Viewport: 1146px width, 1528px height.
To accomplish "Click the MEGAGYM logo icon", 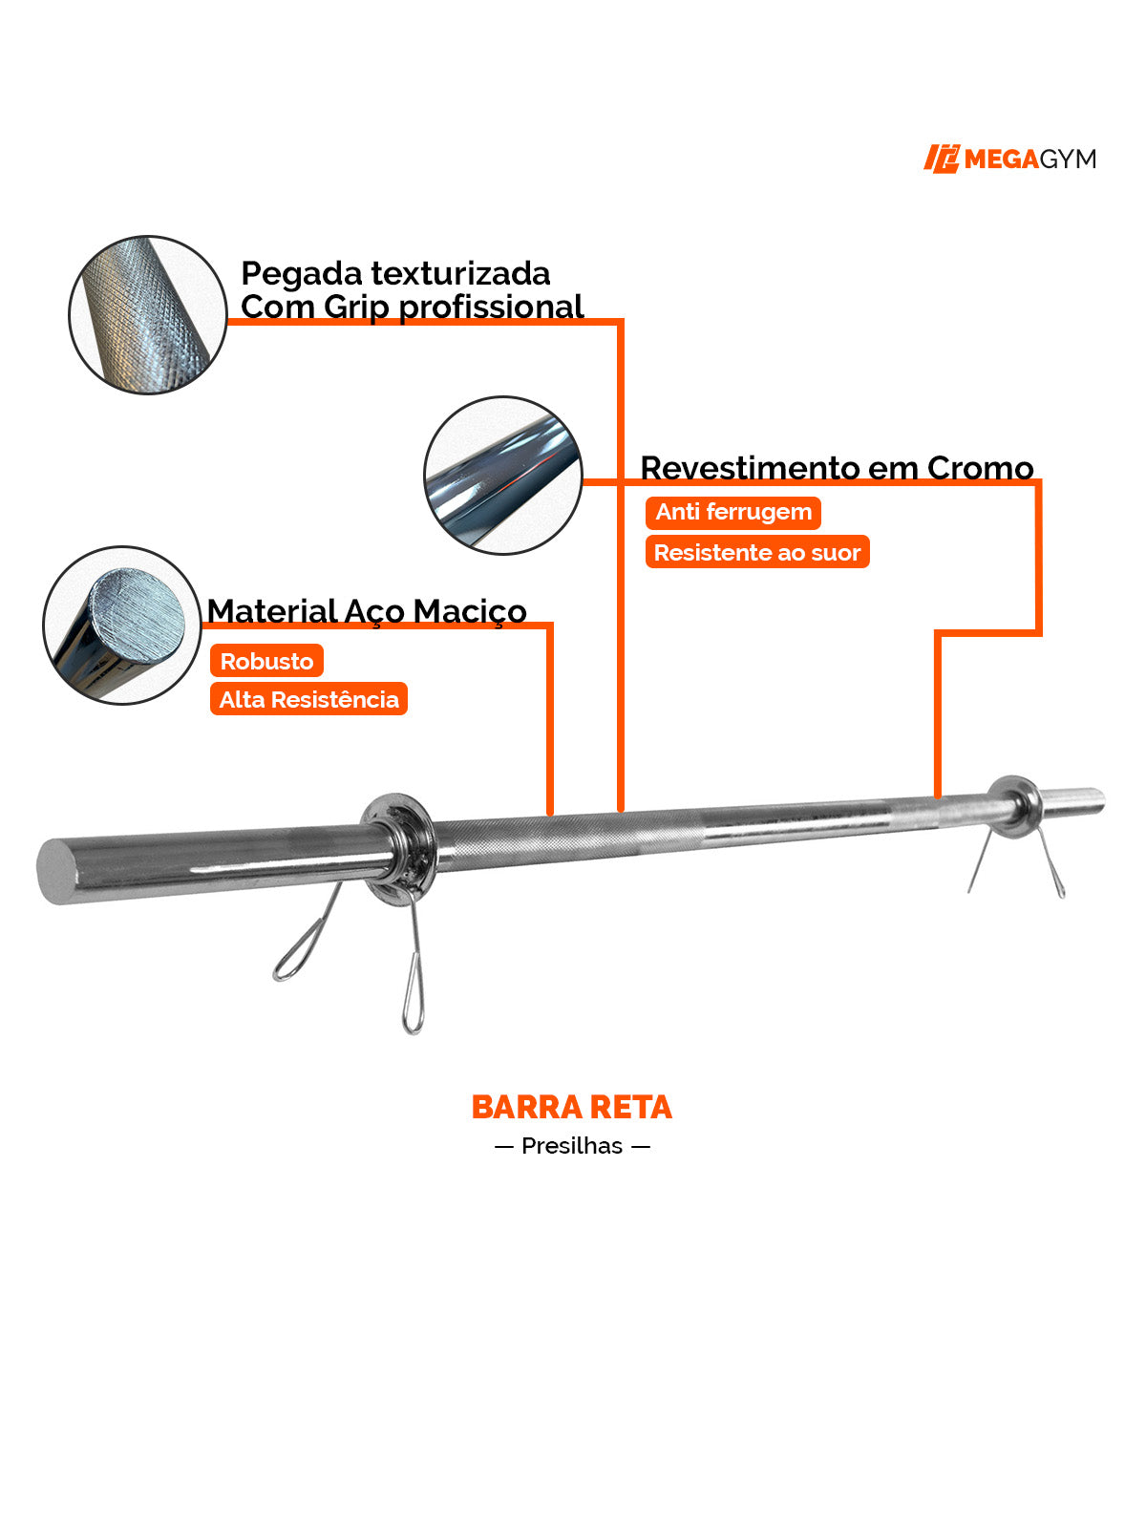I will click(941, 159).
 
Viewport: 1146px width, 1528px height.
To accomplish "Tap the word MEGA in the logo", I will click(1001, 159).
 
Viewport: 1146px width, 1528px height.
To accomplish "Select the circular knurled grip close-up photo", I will click(148, 314).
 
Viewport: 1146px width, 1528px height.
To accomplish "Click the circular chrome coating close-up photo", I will click(503, 476).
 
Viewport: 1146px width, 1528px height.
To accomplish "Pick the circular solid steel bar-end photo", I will click(122, 626).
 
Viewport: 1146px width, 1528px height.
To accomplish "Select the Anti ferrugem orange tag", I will click(733, 512).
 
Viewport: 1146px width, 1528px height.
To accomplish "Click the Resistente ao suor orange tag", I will click(757, 552).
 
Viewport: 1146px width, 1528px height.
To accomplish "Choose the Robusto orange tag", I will click(266, 661).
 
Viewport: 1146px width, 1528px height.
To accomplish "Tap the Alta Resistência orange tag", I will click(308, 699).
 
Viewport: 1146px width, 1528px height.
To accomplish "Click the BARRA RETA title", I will click(572, 1108).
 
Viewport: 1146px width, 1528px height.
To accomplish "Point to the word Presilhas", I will click(572, 1146).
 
